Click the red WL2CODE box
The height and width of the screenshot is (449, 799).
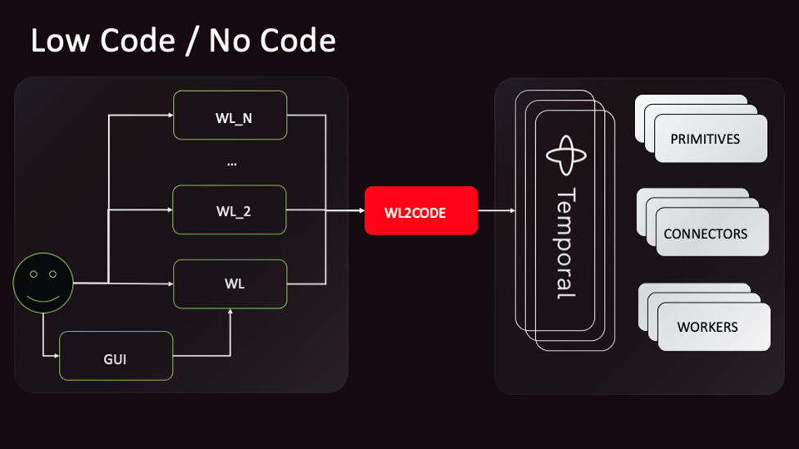point(420,211)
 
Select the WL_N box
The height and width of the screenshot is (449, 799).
point(229,115)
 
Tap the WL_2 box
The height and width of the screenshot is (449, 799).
point(229,211)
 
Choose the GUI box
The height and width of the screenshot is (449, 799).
point(116,356)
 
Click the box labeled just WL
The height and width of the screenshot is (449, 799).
point(229,283)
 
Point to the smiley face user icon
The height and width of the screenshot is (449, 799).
point(43,283)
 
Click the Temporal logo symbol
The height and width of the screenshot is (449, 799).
point(565,156)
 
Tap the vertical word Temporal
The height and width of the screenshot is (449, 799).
point(565,243)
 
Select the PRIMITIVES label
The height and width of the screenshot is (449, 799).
point(705,138)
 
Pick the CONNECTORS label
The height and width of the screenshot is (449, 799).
point(705,234)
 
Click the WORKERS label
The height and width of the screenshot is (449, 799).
point(707,327)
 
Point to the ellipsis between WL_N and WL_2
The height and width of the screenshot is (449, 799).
point(231,163)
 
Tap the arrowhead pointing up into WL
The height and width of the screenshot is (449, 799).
point(230,312)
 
